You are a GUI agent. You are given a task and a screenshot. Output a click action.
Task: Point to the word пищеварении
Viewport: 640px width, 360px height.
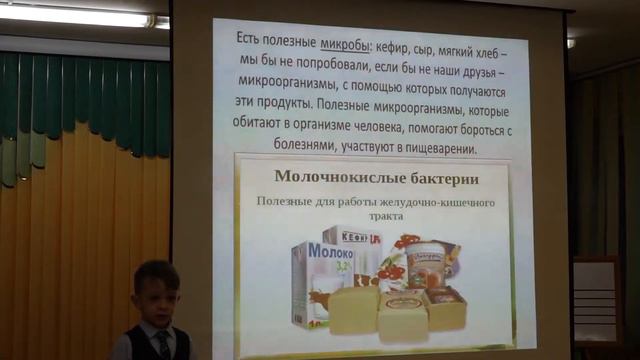[443, 148]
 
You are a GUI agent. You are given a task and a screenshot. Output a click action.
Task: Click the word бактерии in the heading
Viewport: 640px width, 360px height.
[437, 177]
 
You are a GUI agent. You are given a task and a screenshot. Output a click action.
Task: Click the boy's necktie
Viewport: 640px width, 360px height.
[161, 345]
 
